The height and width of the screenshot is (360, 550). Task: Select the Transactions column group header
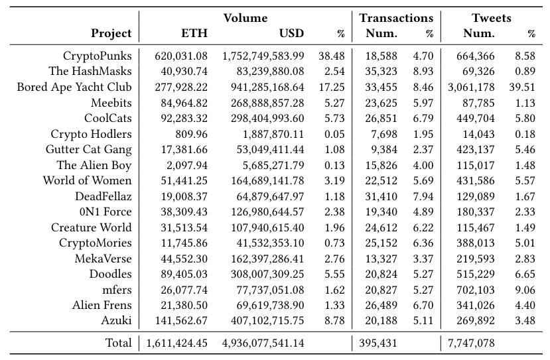(396, 18)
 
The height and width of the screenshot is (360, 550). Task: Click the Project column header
(111, 33)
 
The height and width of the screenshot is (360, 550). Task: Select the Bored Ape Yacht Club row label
(74, 87)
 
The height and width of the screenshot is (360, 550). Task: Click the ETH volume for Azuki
(180, 320)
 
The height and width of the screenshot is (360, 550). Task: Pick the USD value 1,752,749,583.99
(263, 56)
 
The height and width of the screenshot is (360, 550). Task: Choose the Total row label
(118, 343)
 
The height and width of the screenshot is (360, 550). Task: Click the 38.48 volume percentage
(333, 56)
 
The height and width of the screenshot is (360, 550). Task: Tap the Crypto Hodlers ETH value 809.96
(189, 133)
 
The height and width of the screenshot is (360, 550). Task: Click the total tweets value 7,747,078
(469, 343)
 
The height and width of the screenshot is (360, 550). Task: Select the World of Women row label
(87, 180)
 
